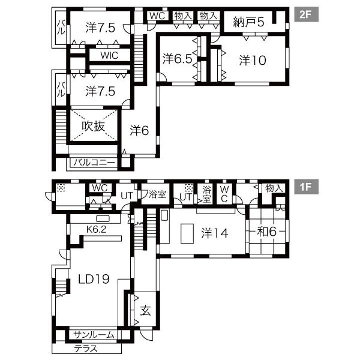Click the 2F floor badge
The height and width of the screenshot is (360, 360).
coord(306,14)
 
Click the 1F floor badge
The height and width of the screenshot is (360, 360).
coord(306,187)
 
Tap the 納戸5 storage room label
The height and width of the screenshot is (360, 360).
coord(249,22)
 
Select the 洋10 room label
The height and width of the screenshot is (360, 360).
coord(253,60)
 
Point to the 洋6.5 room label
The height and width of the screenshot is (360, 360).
coord(177,59)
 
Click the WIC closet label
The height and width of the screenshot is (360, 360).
coord(109,55)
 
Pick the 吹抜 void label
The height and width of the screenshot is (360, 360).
coord(93,126)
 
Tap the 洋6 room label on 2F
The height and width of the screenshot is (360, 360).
coord(139,130)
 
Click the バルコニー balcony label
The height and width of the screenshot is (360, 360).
coord(94,163)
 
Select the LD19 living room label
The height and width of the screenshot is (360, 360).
coord(94,279)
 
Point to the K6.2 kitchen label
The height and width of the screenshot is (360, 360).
coord(96,229)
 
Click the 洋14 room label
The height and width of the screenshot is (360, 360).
coord(215,233)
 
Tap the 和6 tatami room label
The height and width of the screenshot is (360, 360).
coord(267,232)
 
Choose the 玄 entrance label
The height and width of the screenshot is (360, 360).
coord(146,310)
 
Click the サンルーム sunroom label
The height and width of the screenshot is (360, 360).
coord(94,335)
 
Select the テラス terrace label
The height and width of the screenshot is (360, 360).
coord(86,349)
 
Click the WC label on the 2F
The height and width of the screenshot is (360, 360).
coord(157,16)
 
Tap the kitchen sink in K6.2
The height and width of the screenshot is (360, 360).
coord(103,219)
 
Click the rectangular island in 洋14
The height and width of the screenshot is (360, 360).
coord(187,233)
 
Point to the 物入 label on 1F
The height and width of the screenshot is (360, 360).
coord(274,188)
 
